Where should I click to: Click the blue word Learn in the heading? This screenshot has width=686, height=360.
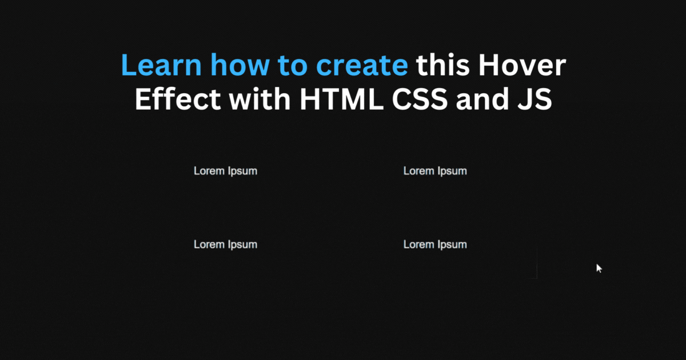pyautogui.click(x=161, y=66)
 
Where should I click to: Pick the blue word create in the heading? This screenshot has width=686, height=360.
pyautogui.click(x=362, y=67)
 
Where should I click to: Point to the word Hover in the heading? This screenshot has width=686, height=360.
pyautogui.click(x=521, y=66)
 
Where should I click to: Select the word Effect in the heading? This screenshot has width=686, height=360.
pyautogui.click(x=177, y=100)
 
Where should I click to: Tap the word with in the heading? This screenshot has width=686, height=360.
pyautogui.click(x=260, y=100)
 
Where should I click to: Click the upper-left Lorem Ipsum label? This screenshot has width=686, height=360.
pyautogui.click(x=225, y=171)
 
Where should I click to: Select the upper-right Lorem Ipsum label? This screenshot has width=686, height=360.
pyautogui.click(x=435, y=171)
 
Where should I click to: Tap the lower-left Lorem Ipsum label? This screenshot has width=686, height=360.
pyautogui.click(x=225, y=245)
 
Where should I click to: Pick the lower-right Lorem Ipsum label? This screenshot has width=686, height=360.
pyautogui.click(x=435, y=245)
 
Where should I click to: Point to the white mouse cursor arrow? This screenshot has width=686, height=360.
pyautogui.click(x=599, y=268)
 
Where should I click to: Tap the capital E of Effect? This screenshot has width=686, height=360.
pyautogui.click(x=141, y=100)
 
